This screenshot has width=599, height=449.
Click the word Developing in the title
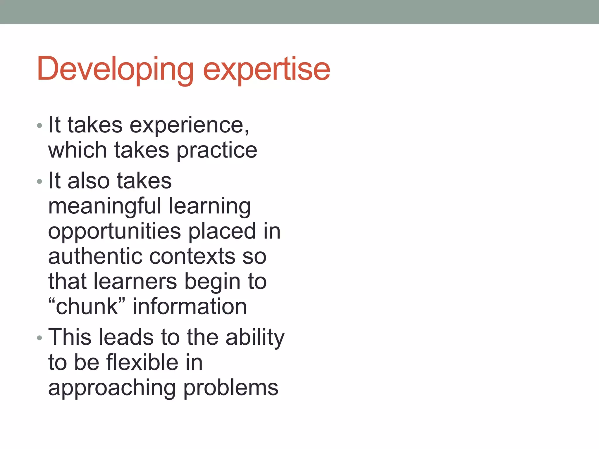115,69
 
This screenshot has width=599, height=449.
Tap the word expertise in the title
266,69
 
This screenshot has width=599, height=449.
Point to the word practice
217,150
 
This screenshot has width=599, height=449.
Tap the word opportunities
114,231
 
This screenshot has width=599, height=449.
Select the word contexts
192,256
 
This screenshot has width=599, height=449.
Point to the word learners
135,282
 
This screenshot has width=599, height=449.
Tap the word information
190,307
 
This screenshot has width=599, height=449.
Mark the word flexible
142,362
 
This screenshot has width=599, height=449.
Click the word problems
231,388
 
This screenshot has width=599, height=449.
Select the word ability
255,337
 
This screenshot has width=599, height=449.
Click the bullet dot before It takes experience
40,126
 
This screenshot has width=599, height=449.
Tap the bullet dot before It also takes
40,182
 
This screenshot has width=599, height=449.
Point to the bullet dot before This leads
40,338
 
